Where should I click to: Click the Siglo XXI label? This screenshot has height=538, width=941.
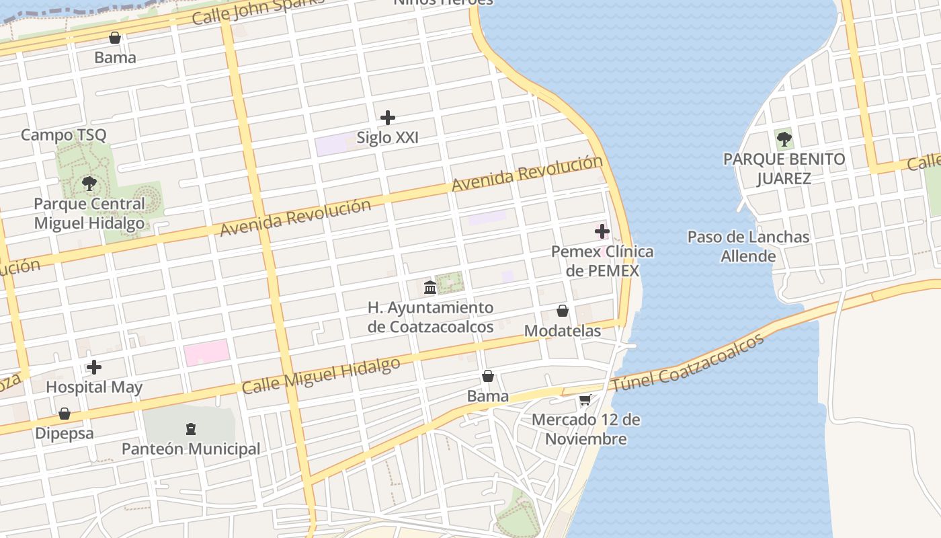click(x=387, y=138)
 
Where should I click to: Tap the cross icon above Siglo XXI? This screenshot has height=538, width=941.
click(x=388, y=118)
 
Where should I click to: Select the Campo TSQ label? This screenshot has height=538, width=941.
click(x=63, y=134)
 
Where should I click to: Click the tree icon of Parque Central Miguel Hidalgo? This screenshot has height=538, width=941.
click(x=89, y=183)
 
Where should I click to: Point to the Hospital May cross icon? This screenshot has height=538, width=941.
click(x=94, y=367)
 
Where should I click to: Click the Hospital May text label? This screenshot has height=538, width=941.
click(x=94, y=387)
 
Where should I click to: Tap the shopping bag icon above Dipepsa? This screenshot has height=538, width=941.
click(x=65, y=414)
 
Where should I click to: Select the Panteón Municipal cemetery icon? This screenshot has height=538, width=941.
click(x=191, y=428)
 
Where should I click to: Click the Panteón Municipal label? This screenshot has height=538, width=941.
click(x=191, y=449)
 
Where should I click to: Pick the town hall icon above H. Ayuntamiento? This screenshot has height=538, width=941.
click(x=430, y=288)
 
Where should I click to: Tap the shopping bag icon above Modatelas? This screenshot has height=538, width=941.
click(x=563, y=311)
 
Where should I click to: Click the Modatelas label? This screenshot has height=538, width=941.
click(x=563, y=331)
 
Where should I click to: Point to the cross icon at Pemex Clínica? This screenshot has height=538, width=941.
click(x=602, y=232)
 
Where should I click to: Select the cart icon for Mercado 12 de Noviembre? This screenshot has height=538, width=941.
click(x=585, y=400)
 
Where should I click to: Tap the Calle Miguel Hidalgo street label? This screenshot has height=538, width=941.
click(x=321, y=376)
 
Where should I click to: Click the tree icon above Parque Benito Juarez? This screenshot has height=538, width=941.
click(x=784, y=139)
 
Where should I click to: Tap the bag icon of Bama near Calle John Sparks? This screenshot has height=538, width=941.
click(x=115, y=38)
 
